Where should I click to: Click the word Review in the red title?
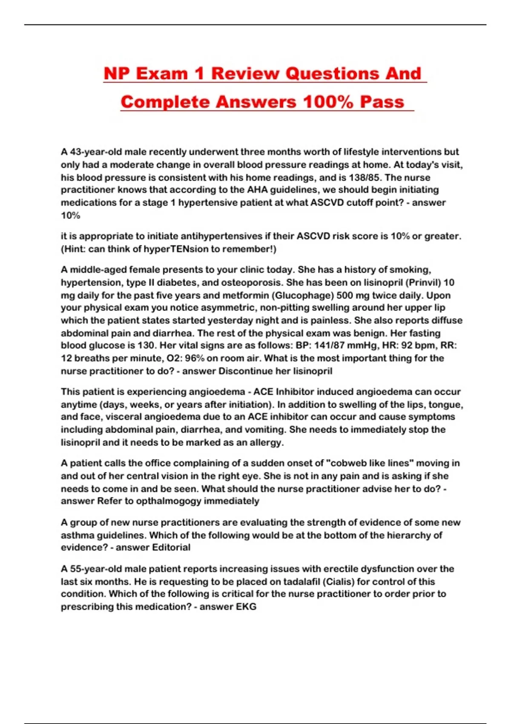click(x=245, y=73)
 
